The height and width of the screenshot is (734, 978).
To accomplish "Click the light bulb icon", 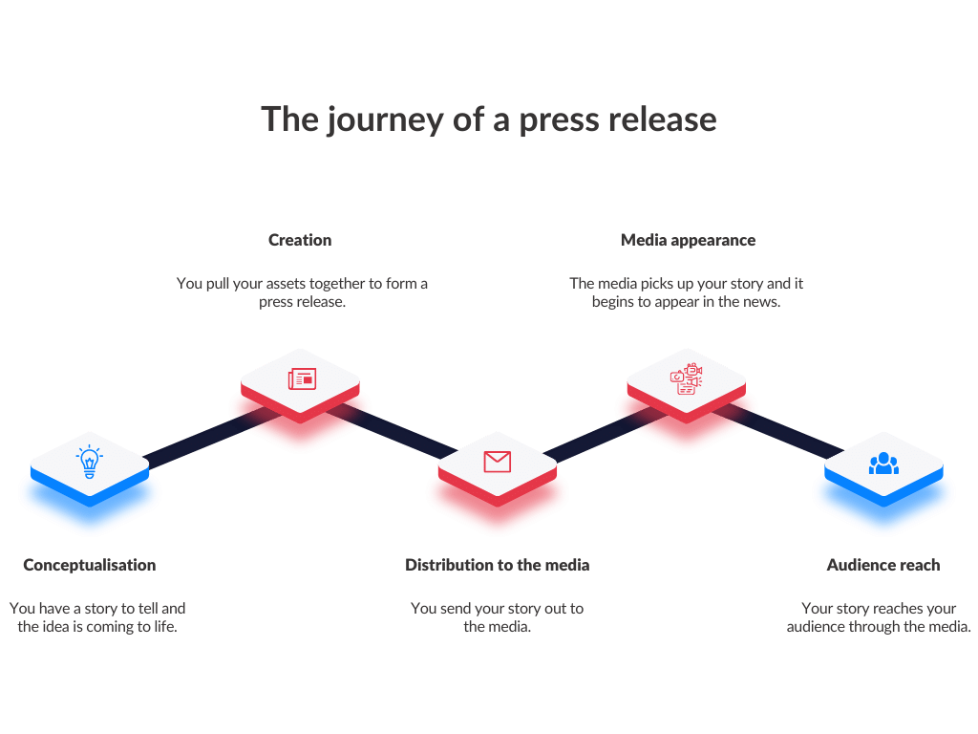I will [89, 463].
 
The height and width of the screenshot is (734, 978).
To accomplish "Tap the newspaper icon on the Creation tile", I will [302, 379].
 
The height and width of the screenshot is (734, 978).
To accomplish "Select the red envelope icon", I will [497, 462].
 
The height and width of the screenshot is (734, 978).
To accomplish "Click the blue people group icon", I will [883, 464].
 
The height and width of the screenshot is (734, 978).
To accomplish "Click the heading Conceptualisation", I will [90, 565].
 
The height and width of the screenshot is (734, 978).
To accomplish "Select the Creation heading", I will [300, 240].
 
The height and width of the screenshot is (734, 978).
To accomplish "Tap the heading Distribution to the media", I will [497, 565].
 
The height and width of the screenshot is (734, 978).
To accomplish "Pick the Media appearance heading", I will [688, 240].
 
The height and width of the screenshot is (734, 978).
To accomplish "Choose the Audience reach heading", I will [882, 565].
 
